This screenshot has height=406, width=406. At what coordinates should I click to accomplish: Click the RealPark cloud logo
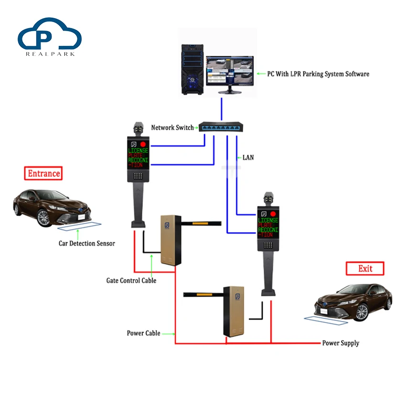[50, 36]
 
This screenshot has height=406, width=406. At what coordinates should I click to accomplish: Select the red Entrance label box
[44, 173]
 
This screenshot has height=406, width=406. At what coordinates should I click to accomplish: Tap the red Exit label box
[365, 268]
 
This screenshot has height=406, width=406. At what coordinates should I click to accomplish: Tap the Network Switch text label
[172, 128]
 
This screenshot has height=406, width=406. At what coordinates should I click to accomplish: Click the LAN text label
[248, 157]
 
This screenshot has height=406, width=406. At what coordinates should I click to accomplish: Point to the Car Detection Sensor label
[87, 243]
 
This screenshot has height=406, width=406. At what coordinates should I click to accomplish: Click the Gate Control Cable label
[131, 280]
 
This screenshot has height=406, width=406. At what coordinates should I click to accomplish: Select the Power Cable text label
[143, 333]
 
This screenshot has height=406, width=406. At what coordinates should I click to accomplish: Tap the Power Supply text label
[340, 343]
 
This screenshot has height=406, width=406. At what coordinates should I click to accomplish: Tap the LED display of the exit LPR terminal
[268, 224]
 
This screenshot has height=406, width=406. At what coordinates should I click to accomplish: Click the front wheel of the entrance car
[43, 218]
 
